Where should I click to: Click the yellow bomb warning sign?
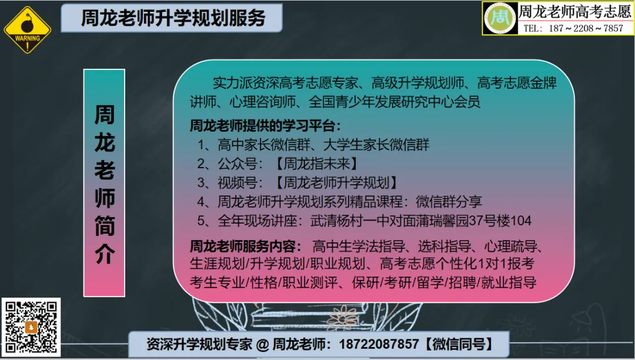[28, 30]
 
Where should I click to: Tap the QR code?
[32, 328]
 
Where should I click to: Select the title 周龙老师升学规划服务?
[173, 18]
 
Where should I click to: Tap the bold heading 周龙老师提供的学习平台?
[265, 125]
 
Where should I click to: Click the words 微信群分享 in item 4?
[449, 202]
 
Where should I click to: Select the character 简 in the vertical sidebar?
[105, 225]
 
